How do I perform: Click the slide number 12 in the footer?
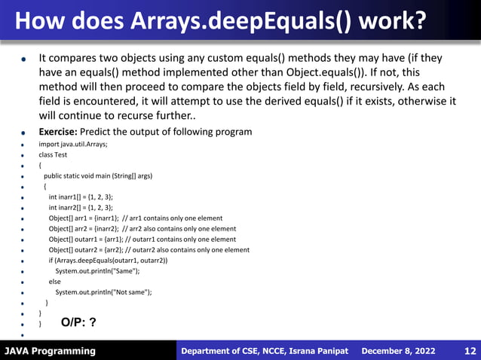tap(469, 351)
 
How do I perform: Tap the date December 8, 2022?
tap(399, 351)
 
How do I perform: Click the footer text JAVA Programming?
tap(50, 351)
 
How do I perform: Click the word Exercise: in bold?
tap(63, 132)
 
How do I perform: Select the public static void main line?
tap(97, 175)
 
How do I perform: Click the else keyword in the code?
tap(54, 282)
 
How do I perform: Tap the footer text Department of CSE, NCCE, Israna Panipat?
tap(264, 351)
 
